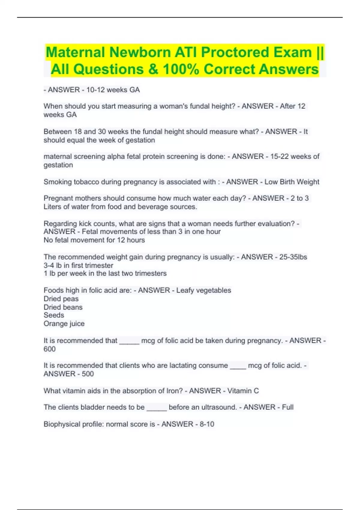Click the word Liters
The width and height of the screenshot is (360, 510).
click(53, 207)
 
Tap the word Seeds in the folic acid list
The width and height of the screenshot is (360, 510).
click(54, 315)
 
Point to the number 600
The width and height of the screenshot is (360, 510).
click(49, 349)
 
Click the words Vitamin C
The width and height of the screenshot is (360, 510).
click(243, 391)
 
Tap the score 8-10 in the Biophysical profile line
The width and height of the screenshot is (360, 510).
click(207, 424)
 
